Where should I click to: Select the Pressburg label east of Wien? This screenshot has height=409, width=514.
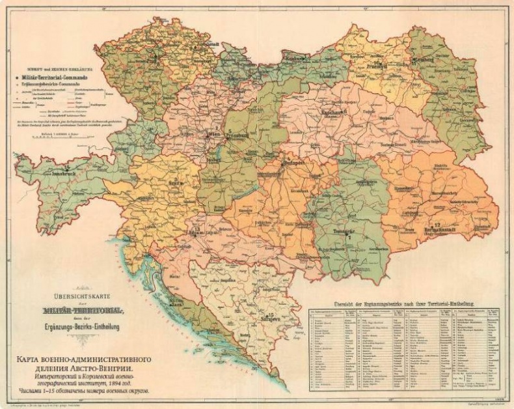pos(246,137)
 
